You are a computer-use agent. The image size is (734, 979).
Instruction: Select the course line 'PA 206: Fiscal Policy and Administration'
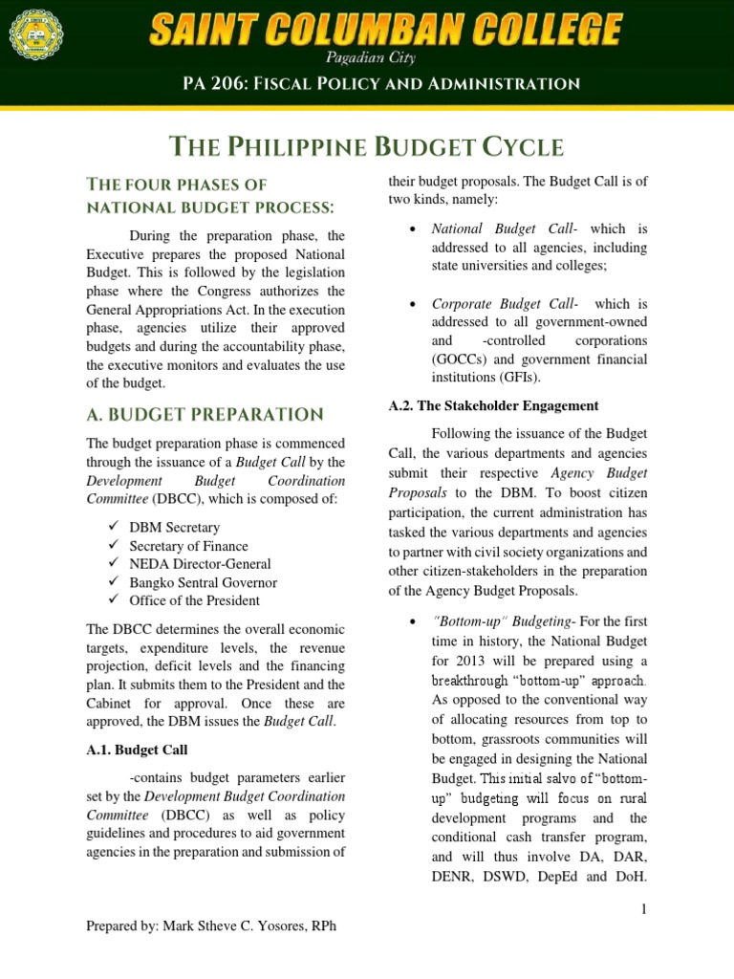[381, 84]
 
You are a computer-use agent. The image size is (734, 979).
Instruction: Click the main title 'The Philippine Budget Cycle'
[366, 147]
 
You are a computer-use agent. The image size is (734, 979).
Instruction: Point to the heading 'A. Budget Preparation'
[205, 415]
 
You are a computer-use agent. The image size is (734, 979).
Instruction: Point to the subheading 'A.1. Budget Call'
[137, 751]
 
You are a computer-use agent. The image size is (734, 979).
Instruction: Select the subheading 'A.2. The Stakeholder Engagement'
[493, 405]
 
